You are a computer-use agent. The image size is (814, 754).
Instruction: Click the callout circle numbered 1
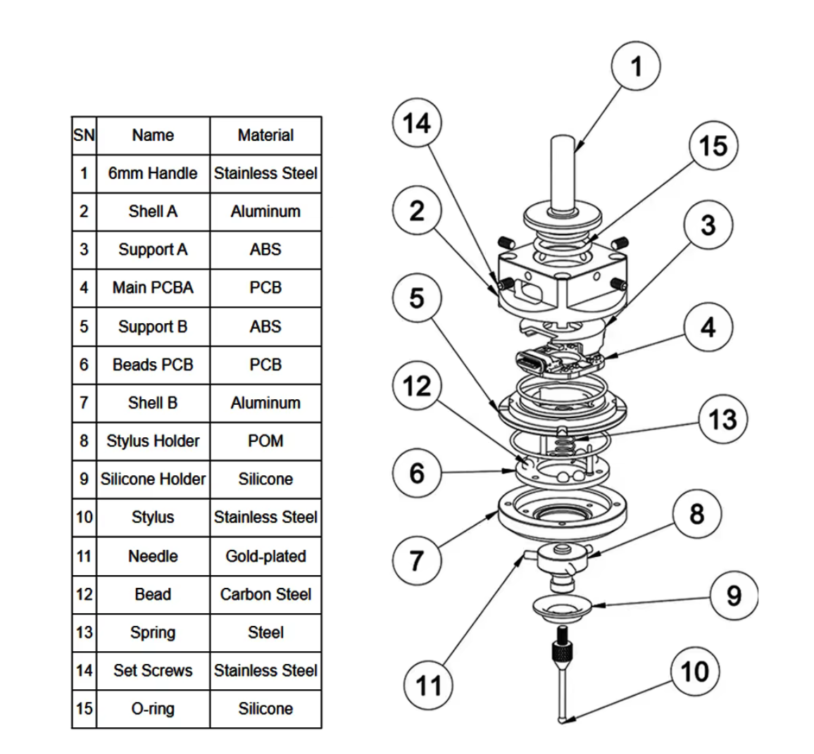636,67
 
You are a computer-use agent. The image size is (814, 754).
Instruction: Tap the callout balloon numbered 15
713,146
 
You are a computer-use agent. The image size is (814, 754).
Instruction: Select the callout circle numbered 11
428,685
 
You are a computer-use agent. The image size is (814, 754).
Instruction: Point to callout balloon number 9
734,596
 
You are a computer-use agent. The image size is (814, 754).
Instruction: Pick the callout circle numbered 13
722,420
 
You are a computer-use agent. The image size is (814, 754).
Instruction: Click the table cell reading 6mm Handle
153,173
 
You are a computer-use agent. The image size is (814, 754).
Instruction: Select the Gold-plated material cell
265,556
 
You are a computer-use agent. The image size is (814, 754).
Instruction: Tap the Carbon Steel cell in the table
265,594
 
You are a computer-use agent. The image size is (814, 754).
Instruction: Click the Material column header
265,135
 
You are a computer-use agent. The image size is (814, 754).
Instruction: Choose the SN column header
84,135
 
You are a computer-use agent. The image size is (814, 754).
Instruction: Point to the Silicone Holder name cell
153,479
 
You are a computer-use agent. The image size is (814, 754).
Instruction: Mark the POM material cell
265,441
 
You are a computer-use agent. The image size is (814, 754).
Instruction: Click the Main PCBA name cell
153,288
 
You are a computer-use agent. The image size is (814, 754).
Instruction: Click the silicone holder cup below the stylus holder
562,605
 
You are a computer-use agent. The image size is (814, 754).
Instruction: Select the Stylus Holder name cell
153,441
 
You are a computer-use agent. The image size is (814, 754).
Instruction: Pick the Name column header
153,135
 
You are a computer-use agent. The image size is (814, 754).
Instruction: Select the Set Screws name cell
153,671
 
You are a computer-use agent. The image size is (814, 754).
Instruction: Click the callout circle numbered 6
417,472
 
